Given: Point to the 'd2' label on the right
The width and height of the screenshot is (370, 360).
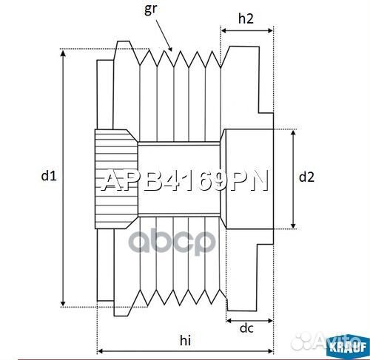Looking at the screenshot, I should pos(306,177).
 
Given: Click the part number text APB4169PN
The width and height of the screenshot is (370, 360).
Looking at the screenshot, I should pos(184,180).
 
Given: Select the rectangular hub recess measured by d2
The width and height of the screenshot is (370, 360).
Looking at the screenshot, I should pos(248,177).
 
